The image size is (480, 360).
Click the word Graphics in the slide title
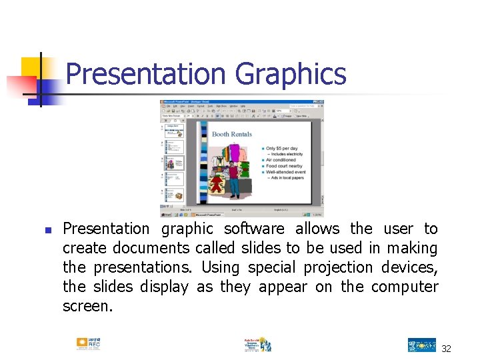[x=291, y=74]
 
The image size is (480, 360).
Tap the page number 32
[x=446, y=348]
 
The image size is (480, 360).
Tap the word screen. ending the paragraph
[x=87, y=306]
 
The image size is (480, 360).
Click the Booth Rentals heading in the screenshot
[x=231, y=134]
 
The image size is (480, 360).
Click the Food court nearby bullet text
[x=284, y=166]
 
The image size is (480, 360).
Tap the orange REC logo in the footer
[x=88, y=344]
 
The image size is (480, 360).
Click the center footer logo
[x=257, y=344]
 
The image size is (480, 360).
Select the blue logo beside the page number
[x=421, y=345]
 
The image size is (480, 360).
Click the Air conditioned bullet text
[x=281, y=160]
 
